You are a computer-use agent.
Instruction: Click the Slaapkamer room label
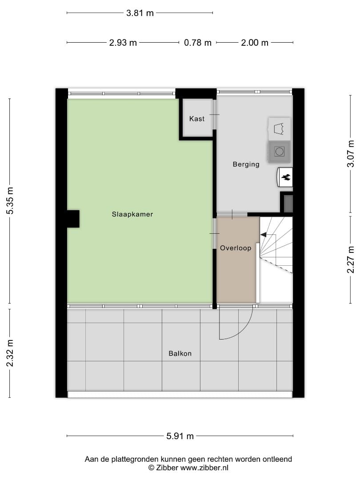click(132, 214)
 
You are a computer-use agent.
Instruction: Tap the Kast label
click(197, 119)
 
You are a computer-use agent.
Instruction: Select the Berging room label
click(246, 164)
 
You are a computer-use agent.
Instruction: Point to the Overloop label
click(236, 248)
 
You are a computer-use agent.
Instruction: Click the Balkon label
click(180, 354)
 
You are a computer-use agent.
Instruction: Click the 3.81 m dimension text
click(140, 13)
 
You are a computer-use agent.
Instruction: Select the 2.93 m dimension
click(123, 43)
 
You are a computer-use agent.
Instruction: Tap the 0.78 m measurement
click(198, 43)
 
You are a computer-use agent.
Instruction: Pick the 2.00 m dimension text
click(255, 43)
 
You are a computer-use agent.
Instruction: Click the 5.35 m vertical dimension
click(10, 200)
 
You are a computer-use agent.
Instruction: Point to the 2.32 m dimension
click(10, 353)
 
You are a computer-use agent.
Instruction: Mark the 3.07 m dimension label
click(351, 153)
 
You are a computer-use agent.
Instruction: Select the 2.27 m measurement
click(351, 259)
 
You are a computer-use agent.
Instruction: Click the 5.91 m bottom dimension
click(180, 436)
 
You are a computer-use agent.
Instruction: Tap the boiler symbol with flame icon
click(285, 177)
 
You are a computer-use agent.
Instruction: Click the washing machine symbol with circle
click(279, 152)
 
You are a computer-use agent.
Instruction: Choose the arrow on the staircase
click(264, 235)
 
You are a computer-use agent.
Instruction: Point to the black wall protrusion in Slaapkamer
click(73, 219)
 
